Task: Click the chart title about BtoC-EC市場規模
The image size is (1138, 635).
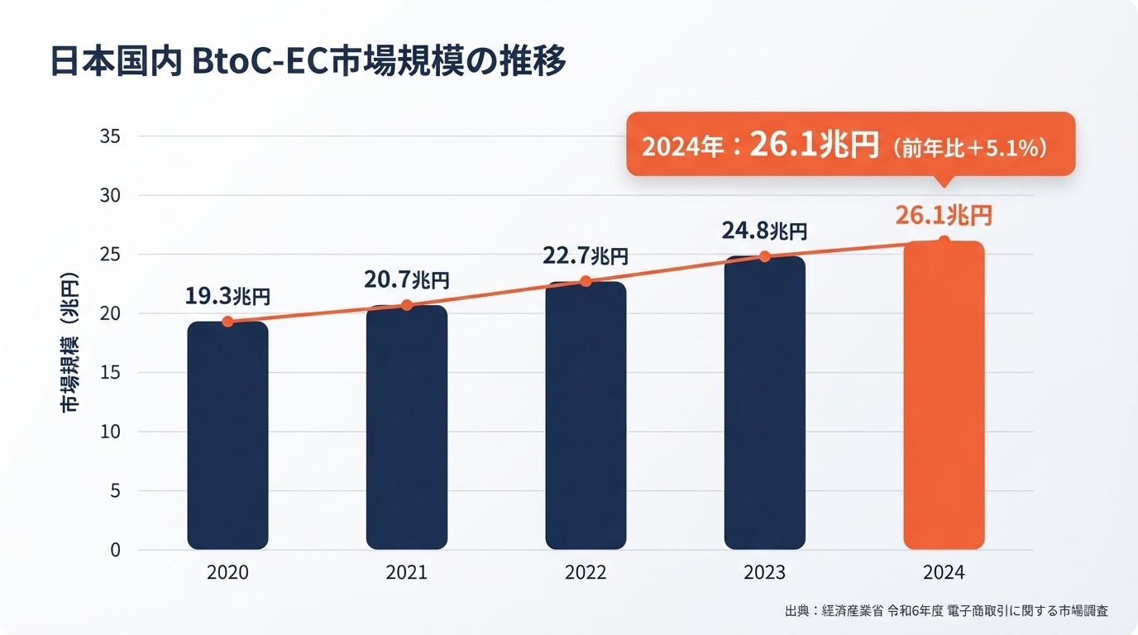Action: (x=308, y=62)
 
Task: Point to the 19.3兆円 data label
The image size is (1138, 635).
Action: (x=227, y=296)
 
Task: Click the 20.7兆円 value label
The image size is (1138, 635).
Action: (x=407, y=280)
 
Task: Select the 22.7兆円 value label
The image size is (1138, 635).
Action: (x=586, y=255)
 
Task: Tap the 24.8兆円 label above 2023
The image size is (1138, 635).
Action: (x=764, y=231)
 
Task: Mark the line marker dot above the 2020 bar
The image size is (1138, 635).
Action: (x=227, y=322)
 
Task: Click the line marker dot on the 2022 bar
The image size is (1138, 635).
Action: (x=586, y=281)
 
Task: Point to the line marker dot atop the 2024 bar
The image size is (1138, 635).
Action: (x=944, y=241)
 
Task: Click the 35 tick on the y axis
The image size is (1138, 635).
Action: (x=111, y=136)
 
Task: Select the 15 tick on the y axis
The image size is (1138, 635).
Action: (x=111, y=373)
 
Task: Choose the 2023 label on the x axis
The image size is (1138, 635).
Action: (x=764, y=572)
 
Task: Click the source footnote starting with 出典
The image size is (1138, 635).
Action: (x=946, y=611)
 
